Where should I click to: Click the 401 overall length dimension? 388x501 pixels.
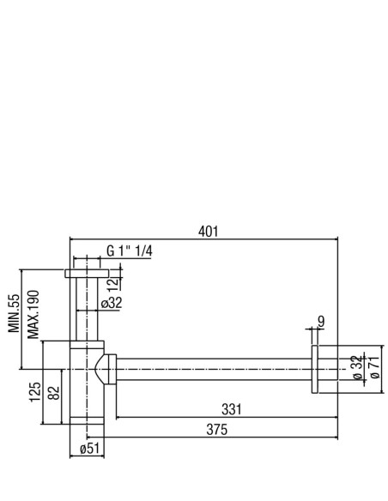click(x=208, y=232)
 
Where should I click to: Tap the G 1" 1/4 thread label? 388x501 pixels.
click(x=129, y=251)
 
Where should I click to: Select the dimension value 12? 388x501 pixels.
click(x=112, y=283)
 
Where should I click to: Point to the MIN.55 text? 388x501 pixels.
click(x=14, y=313)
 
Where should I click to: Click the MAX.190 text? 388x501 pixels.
click(x=33, y=314)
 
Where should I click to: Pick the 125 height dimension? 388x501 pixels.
click(x=35, y=392)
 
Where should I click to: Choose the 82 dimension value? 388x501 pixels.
click(x=54, y=393)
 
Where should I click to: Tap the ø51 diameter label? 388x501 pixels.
click(x=90, y=449)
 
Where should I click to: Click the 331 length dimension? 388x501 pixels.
click(x=232, y=409)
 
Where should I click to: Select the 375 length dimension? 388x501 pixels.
click(x=216, y=430)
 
